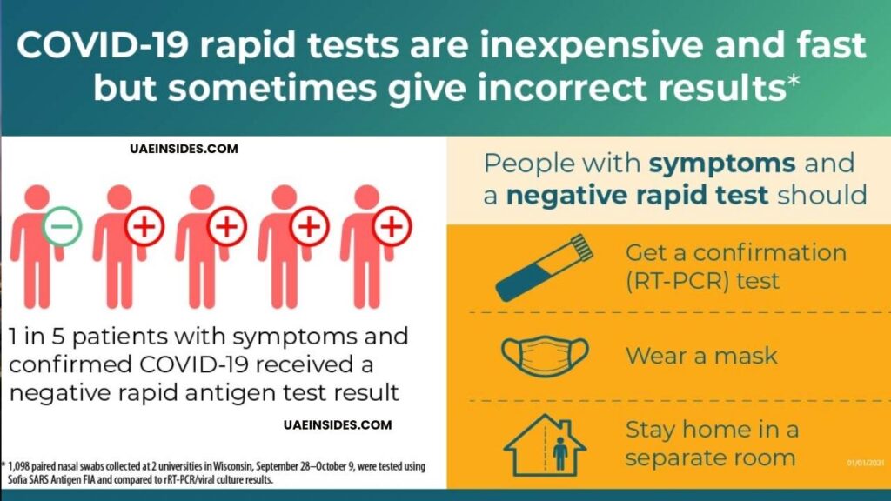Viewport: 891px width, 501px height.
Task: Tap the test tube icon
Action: (545, 266)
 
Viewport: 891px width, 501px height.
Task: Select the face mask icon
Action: (545, 354)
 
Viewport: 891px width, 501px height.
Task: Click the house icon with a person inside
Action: (545, 444)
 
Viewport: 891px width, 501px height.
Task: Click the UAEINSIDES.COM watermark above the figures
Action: (181, 150)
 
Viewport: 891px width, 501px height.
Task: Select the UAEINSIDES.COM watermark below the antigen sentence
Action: (338, 425)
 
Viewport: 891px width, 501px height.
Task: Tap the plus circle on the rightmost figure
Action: (392, 227)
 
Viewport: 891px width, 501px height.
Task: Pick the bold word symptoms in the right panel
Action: (723, 163)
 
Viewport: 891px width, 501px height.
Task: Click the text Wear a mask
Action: (701, 355)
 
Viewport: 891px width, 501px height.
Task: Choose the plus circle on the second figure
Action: (144, 227)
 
